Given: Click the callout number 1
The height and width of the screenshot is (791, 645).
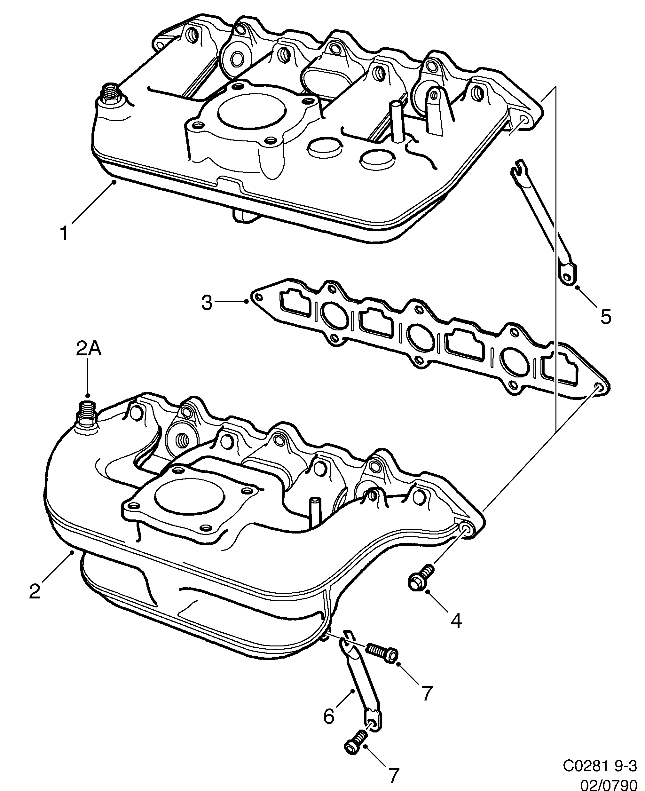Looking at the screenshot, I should tap(64, 233).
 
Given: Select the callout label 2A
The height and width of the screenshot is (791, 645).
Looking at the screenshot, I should tap(89, 349).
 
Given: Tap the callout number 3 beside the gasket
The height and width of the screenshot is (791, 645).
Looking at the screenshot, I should tap(207, 303).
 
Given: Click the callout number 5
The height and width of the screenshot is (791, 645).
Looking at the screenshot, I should tap(606, 317).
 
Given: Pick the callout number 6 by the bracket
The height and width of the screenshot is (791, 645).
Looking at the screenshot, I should tap(329, 717).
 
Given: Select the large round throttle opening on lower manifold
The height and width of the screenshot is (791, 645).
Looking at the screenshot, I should tap(190, 500).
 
